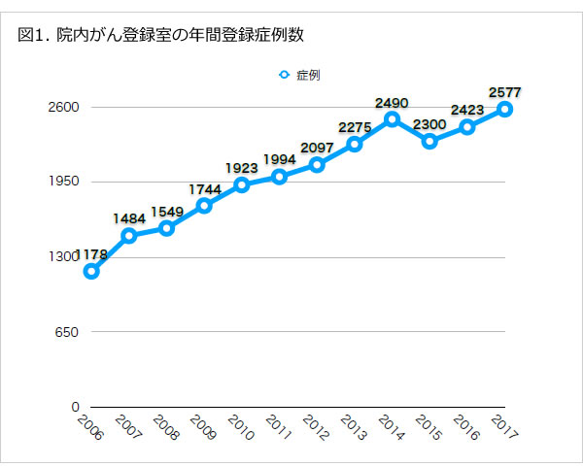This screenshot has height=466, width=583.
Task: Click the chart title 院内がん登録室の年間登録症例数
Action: pyautogui.click(x=160, y=36)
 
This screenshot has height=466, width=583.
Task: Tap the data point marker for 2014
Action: pyautogui.click(x=392, y=119)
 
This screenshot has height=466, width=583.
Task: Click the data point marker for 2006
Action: pyautogui.click(x=91, y=271)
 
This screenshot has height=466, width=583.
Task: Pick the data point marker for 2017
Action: pyautogui.click(x=505, y=109)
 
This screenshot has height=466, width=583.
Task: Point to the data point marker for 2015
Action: pyautogui.click(x=429, y=142)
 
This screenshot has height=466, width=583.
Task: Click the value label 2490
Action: pyautogui.click(x=392, y=102)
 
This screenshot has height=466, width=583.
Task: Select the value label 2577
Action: pyautogui.click(x=505, y=91)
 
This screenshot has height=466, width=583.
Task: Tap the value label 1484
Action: pyautogui.click(x=129, y=217)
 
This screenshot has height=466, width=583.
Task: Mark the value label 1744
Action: pyautogui.click(x=204, y=188)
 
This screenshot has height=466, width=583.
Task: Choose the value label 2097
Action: pyautogui.click(x=317, y=147)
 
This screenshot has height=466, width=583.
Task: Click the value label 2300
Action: pyautogui.click(x=429, y=123)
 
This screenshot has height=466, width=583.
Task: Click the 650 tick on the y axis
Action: pyautogui.click(x=68, y=332)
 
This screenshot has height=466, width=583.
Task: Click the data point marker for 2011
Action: pyautogui.click(x=279, y=177)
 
